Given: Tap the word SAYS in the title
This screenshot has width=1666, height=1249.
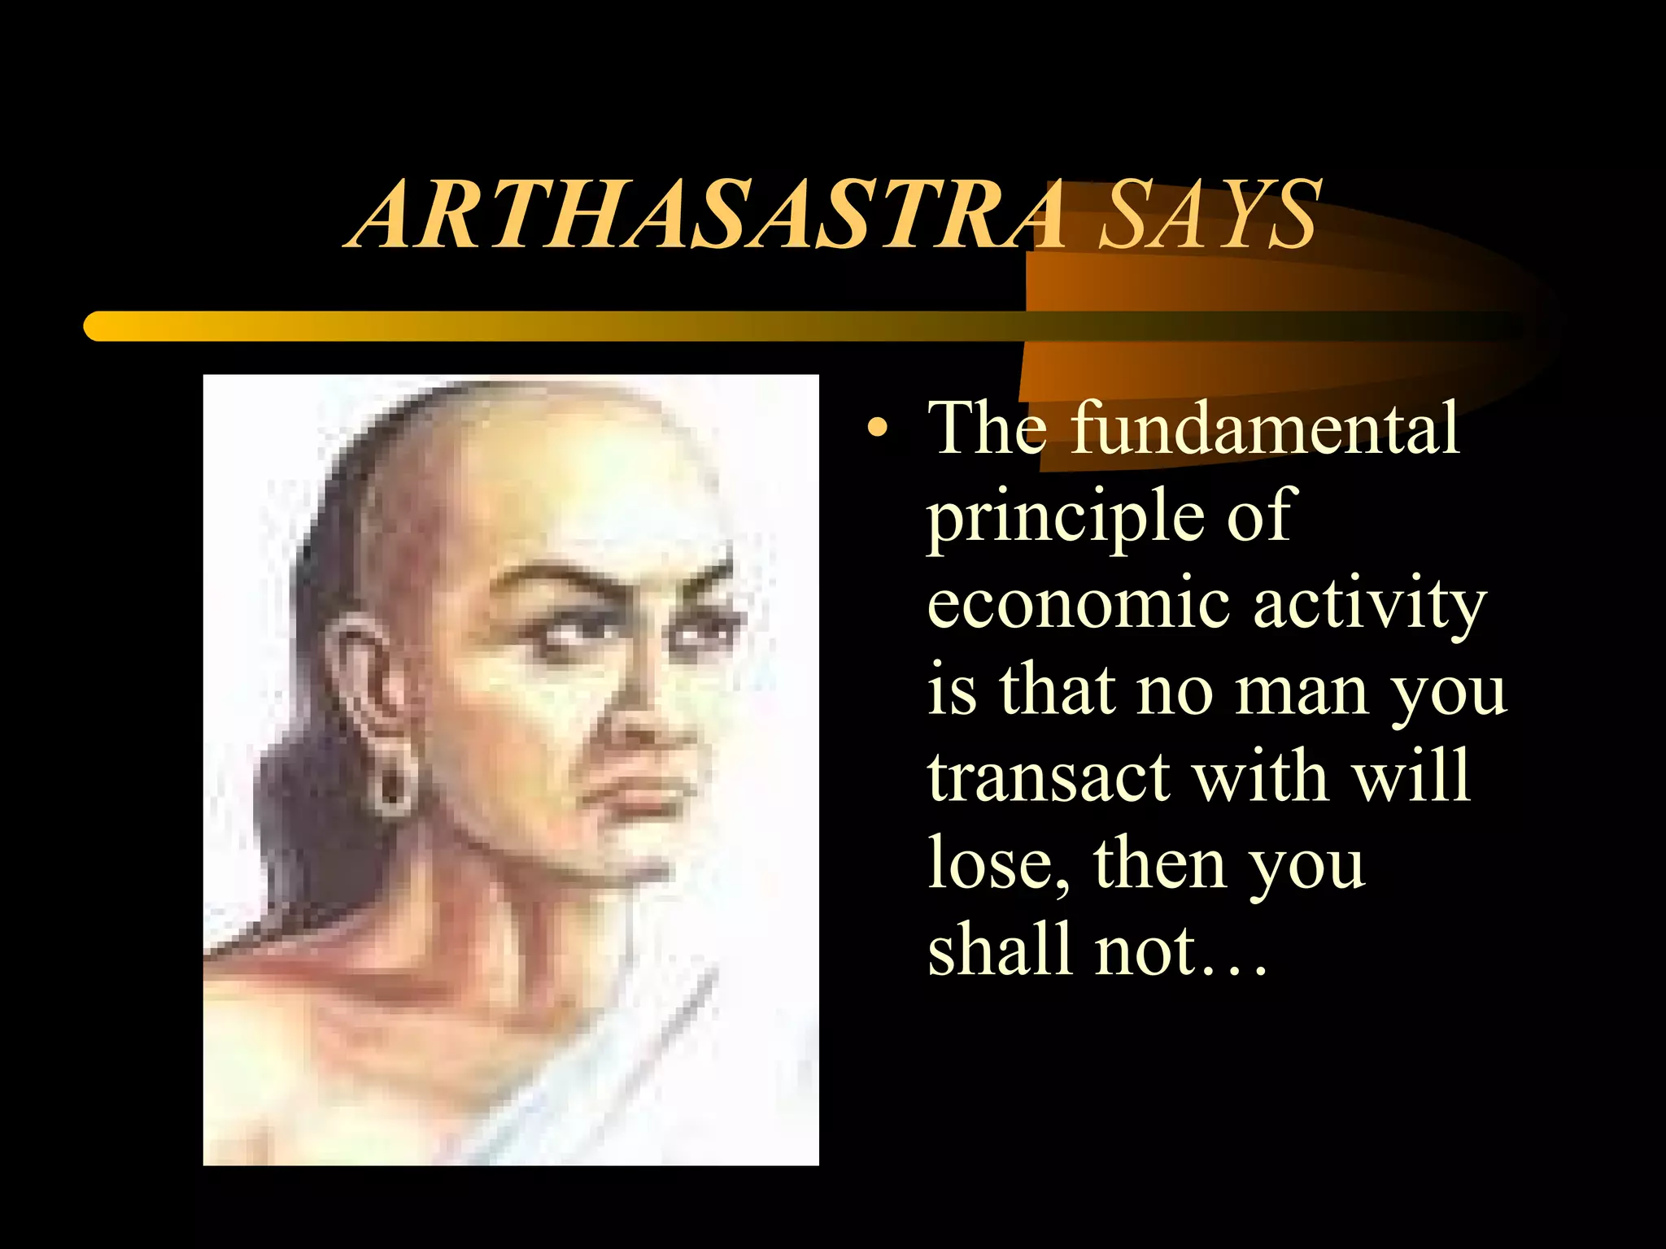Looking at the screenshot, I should point(1207,216).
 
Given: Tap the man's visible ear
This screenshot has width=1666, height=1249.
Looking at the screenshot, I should point(365,675).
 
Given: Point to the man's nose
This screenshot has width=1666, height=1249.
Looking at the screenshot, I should point(651,716).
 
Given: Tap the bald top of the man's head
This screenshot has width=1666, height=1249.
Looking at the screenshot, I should point(553,455).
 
